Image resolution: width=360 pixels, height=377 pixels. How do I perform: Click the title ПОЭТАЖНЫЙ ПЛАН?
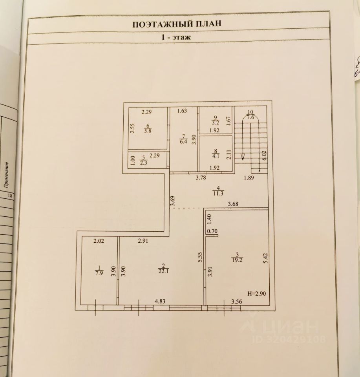pos(176,24)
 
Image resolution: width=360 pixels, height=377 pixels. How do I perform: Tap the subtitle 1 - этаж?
pos(176,38)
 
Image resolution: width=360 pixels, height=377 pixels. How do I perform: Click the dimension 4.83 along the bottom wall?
pos(160,302)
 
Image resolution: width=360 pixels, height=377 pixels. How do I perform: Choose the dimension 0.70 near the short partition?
pos(212,231)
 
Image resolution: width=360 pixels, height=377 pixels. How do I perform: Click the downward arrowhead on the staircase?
pos(243,157)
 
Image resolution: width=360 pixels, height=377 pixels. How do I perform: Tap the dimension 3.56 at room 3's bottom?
pos(236,302)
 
